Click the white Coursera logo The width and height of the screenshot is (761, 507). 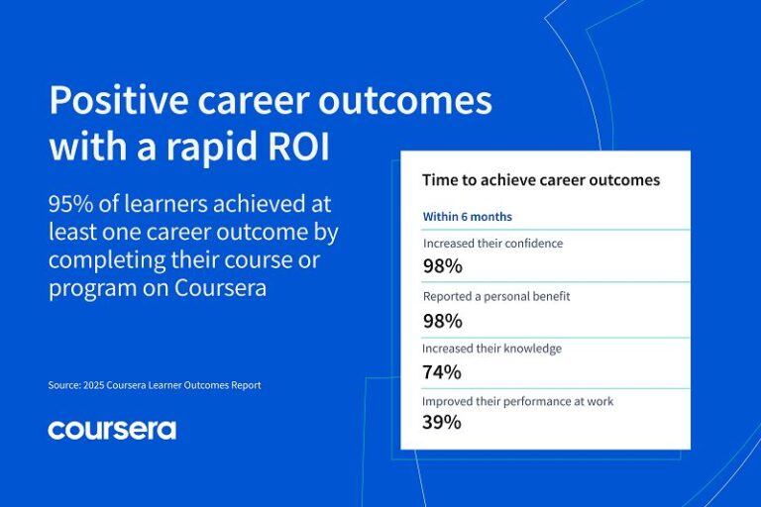tap(112, 429)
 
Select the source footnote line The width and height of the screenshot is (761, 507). tap(154, 385)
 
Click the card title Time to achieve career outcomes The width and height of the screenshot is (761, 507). tap(541, 180)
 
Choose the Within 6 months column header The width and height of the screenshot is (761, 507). tap(467, 216)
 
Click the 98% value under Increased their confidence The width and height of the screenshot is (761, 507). tap(442, 265)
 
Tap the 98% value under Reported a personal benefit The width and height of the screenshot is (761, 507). tap(442, 320)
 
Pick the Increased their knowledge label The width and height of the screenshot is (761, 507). tap(490, 349)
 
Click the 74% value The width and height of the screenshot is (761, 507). tap(442, 372)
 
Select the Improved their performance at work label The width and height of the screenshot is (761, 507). tap(517, 401)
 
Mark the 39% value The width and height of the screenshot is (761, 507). tap(442, 423)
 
